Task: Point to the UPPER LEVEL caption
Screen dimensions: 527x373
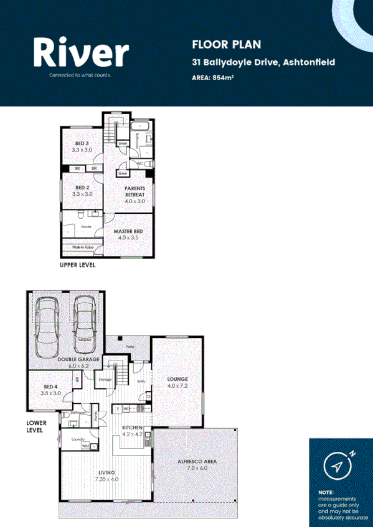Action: coord(77,265)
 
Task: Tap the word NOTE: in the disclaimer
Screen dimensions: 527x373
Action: coord(326,492)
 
